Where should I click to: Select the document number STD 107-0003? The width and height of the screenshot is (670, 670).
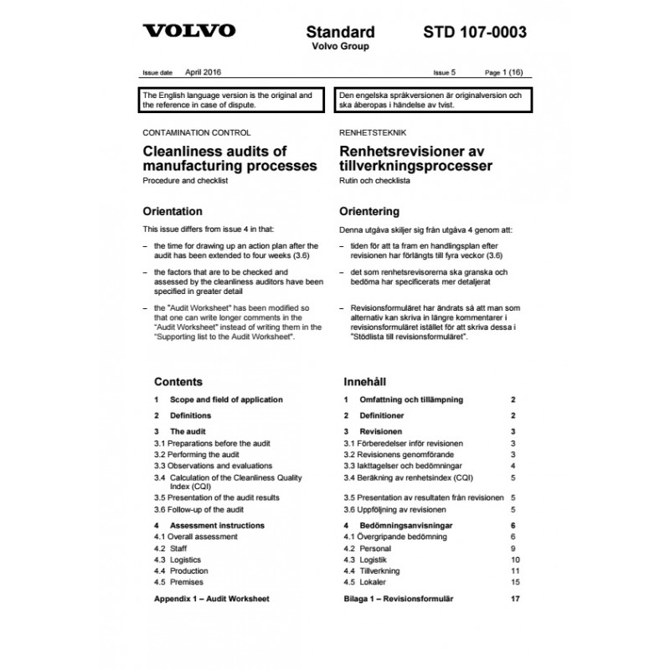pos(475,33)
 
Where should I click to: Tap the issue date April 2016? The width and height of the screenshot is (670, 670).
pos(204,73)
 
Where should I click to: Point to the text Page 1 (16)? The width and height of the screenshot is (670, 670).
pos(507,74)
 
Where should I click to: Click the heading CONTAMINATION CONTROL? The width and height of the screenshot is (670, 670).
pos(197,132)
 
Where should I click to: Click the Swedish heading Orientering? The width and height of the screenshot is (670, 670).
pos(368,211)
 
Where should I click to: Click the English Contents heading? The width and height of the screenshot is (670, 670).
pos(178,381)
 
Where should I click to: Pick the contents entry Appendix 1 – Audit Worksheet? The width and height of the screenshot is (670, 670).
pos(212,599)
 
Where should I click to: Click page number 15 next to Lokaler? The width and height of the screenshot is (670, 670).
pos(515,581)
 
